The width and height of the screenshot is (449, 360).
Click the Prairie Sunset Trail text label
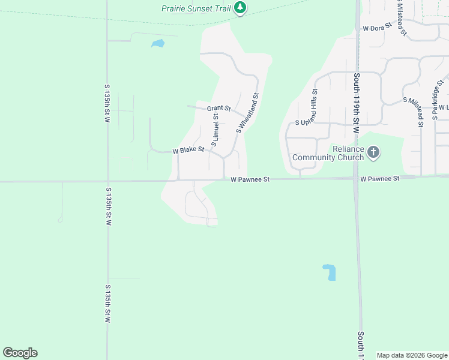click(196, 8)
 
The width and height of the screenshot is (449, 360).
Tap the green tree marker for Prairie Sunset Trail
click(240, 8)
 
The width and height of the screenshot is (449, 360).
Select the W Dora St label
click(377, 28)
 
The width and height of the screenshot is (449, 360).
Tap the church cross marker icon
click(373, 152)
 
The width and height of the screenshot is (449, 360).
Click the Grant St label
click(218, 109)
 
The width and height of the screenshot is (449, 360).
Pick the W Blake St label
click(188, 150)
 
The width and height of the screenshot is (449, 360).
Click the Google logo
click(20, 353)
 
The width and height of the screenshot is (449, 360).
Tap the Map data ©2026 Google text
click(412, 356)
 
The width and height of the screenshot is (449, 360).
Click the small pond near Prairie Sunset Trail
click(158, 43)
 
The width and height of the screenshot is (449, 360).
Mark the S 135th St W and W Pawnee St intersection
click(107, 181)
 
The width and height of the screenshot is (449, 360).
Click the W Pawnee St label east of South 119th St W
click(379, 179)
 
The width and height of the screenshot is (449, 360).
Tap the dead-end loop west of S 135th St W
click(60, 220)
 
